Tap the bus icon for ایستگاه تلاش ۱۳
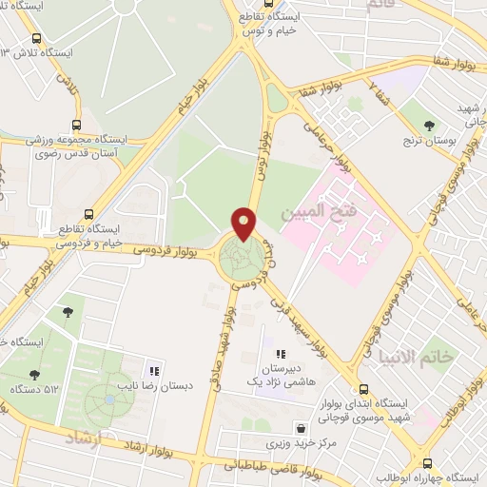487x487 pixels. [x=36, y=40]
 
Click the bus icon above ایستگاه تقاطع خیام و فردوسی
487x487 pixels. [x=88, y=214]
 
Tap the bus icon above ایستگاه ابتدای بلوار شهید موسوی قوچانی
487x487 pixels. [x=363, y=389]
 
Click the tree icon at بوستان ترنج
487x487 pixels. [x=429, y=125]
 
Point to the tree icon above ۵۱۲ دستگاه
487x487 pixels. [x=35, y=375]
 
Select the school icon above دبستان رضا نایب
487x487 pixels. [x=153, y=372]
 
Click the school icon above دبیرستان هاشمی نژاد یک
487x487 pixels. [x=280, y=353]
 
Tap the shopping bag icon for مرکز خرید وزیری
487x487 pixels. [x=302, y=429]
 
